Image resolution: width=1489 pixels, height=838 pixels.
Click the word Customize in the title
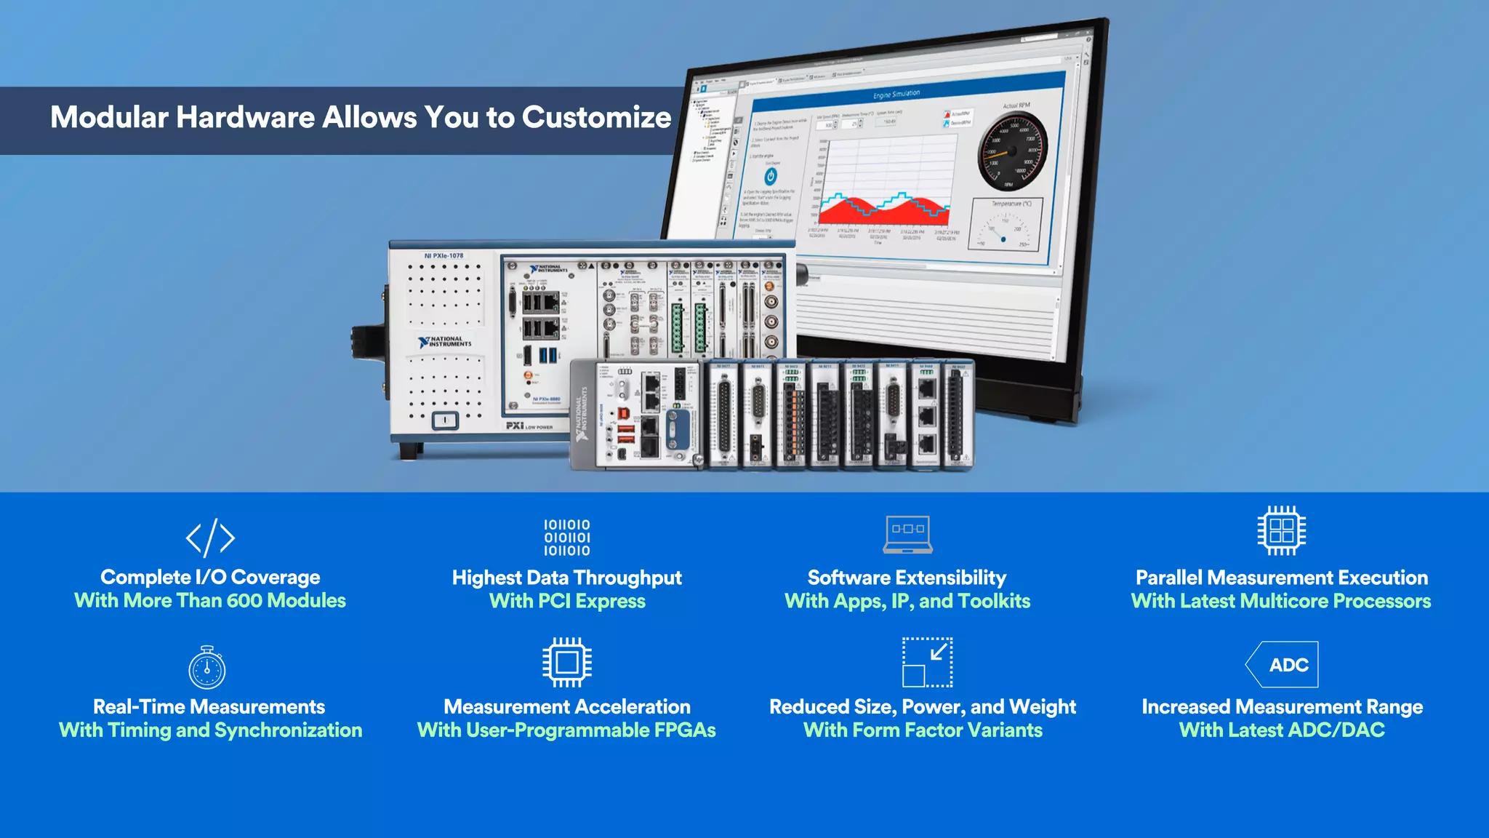(x=596, y=118)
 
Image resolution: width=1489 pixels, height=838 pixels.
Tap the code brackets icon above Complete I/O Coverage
(x=210, y=538)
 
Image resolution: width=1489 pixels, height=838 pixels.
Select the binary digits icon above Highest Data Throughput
(x=567, y=538)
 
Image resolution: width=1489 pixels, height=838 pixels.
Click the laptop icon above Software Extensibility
(x=908, y=534)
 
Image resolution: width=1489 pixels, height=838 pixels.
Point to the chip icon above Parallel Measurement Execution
(x=1281, y=530)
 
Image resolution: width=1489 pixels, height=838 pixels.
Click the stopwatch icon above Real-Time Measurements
(x=207, y=667)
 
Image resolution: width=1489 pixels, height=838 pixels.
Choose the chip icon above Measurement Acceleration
(x=567, y=662)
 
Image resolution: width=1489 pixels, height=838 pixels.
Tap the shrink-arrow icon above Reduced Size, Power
(x=927, y=662)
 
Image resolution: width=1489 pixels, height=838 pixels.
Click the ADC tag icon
(x=1283, y=664)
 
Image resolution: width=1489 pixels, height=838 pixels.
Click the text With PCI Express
(x=567, y=602)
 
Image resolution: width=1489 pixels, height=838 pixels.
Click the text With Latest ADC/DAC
(x=1282, y=730)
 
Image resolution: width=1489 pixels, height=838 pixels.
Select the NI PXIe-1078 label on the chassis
(x=444, y=256)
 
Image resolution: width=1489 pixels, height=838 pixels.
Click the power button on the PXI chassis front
(x=445, y=420)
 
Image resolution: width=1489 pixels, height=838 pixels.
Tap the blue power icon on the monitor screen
(x=771, y=176)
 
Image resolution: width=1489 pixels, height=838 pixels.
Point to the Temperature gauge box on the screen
(x=1006, y=225)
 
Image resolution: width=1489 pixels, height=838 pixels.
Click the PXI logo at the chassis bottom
(x=515, y=426)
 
